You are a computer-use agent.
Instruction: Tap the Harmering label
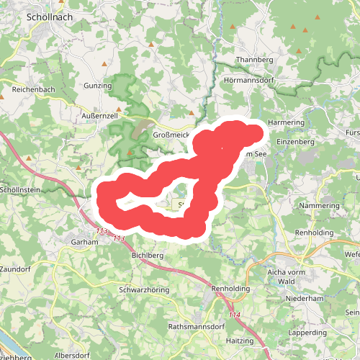287,122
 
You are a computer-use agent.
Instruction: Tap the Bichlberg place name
148,255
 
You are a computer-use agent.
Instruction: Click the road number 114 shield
234,315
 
